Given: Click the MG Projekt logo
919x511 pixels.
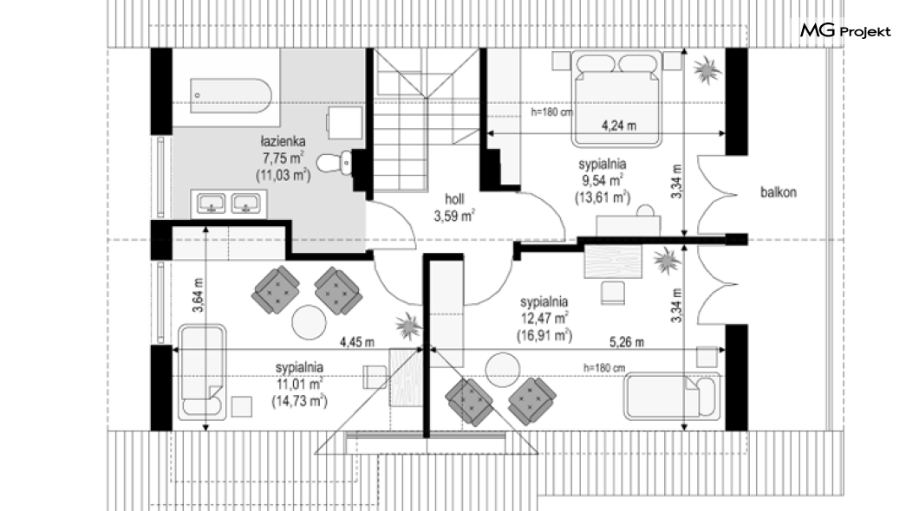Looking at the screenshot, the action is coord(845,30).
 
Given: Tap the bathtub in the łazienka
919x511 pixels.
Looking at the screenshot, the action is coord(231,95).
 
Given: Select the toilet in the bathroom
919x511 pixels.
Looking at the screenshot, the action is coord(335,162).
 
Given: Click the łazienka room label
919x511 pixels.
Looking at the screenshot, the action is coord(284,142).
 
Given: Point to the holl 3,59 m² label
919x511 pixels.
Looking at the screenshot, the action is coord(454,208).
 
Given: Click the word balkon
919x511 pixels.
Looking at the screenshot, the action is coord(779,192).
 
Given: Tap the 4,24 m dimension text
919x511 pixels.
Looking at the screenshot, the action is coord(619,126).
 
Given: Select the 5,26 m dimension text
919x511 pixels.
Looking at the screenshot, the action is coord(627,342).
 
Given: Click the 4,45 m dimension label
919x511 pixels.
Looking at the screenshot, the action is coord(357,342).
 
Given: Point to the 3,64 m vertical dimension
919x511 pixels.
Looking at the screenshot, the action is coord(198,295).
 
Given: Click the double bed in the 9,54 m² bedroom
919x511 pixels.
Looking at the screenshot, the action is coord(617,99).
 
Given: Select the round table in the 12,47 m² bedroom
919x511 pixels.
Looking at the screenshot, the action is coord(502,370).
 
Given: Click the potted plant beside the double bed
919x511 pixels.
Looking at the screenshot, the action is coord(707,70).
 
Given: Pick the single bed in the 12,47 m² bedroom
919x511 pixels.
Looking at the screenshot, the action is coord(672,397).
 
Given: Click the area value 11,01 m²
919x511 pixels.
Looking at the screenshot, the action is coord(299,385).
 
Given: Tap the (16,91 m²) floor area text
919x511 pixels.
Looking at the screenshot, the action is coord(544,335).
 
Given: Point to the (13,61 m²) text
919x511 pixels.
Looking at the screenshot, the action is coord(602,197).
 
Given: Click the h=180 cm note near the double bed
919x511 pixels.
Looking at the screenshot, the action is coord(551,112).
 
